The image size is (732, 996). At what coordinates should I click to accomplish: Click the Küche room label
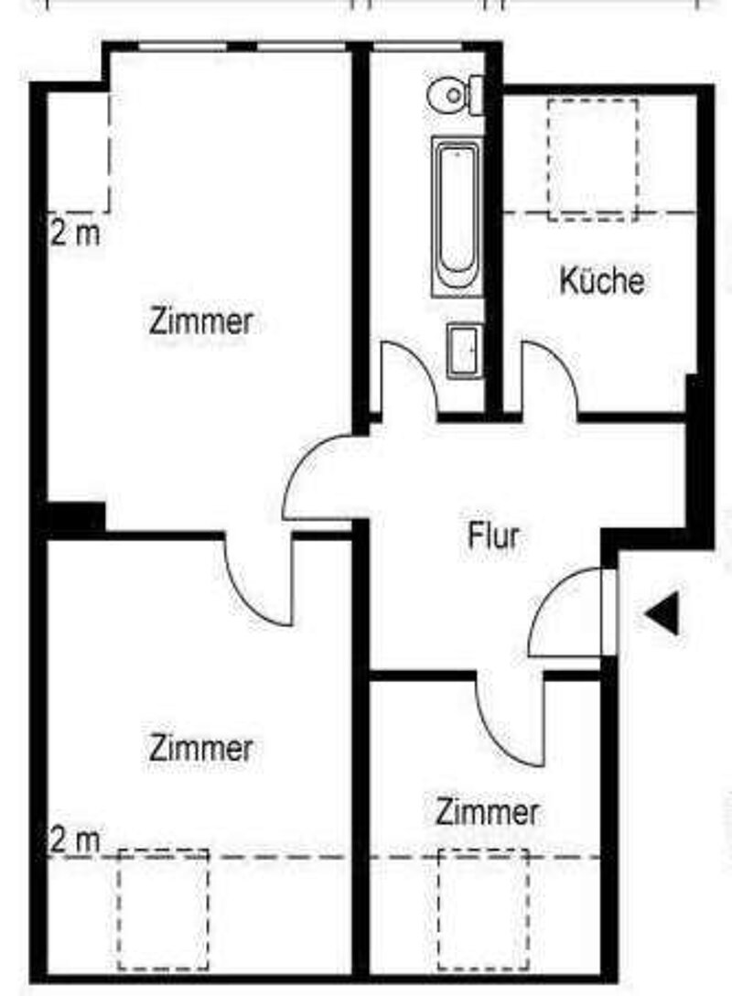tap(601, 281)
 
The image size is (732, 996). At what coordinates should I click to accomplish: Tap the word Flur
tap(493, 536)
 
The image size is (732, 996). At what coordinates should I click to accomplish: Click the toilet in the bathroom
tap(455, 93)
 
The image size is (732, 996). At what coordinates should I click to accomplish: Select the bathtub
tap(456, 218)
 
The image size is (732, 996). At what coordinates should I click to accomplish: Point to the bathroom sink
tap(464, 349)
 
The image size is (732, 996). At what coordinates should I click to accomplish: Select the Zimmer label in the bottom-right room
tap(486, 811)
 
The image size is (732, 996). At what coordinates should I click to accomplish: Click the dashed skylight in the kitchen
tap(592, 159)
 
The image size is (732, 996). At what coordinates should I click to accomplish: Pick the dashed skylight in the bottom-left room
tap(163, 909)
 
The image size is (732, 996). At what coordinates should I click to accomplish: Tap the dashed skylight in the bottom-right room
tap(483, 909)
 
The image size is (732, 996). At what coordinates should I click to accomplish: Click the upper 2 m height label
tap(75, 233)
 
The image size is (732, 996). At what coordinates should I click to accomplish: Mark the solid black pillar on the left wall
tap(76, 518)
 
